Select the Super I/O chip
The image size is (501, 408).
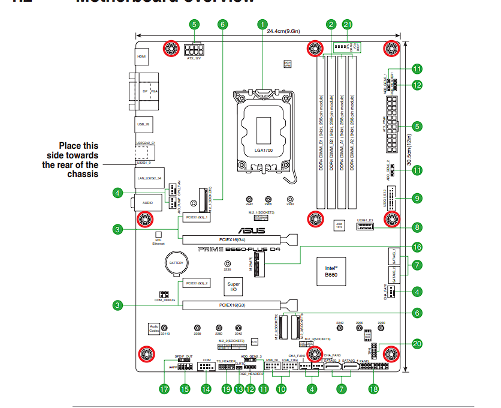coord(234,287)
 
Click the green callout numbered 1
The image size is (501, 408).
coord(262,25)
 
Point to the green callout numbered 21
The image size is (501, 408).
coord(348,25)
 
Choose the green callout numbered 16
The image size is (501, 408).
coord(417,247)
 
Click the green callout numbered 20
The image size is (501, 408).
coord(417,344)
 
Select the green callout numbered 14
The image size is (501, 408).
coord(206,388)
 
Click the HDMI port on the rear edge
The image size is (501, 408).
coord(141,58)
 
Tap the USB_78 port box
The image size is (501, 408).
coord(142,125)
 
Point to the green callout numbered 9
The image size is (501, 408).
coord(417,197)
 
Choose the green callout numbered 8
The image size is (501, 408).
coord(417,227)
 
